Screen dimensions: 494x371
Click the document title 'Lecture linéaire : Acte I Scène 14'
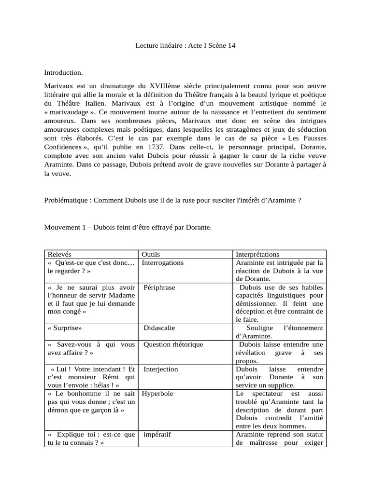pyautogui.click(x=185, y=46)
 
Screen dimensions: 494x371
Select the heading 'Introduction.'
pyautogui.click(x=64, y=72)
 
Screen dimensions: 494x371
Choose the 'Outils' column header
pyautogui.click(x=151, y=254)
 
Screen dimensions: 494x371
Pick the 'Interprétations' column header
pyautogui.click(x=257, y=254)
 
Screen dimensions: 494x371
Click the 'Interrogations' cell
pyautogui.click(x=163, y=263)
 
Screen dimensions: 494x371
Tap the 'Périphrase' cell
pyautogui.click(x=159, y=288)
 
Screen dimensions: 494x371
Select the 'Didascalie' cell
pyautogui.click(x=159, y=328)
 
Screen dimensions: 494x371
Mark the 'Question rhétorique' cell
pyautogui.click(x=173, y=344)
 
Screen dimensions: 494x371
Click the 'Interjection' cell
pyautogui.click(x=161, y=369)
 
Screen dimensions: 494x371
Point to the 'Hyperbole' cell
pyautogui.click(x=157, y=394)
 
